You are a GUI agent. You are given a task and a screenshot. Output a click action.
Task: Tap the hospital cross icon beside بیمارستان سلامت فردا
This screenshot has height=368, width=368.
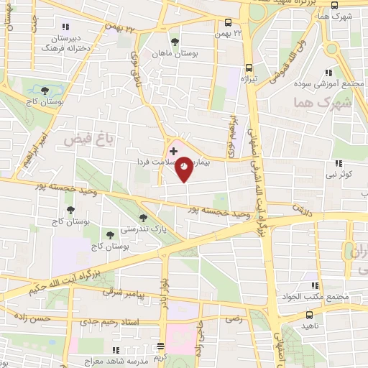tap(173, 152)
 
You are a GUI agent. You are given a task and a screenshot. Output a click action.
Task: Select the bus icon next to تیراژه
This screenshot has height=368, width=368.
tap(249, 64)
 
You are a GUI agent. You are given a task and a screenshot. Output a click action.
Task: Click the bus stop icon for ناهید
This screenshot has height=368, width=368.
tap(309, 315)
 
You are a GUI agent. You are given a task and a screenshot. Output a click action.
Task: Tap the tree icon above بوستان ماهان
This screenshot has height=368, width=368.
tap(174, 40)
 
